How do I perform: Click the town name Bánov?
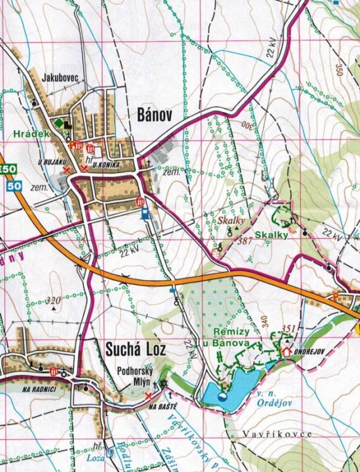(x=154, y=113)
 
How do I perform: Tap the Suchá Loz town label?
(x=128, y=347)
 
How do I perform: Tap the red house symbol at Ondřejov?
(x=287, y=351)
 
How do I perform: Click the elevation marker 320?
(x=55, y=301)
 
